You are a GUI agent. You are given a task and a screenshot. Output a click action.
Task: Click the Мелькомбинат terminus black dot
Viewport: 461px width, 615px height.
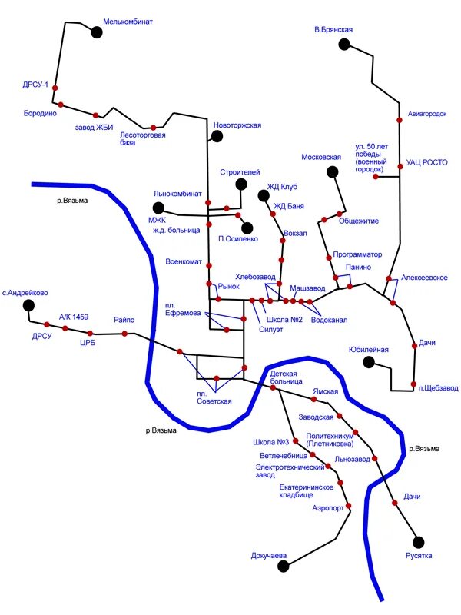(x=97, y=32)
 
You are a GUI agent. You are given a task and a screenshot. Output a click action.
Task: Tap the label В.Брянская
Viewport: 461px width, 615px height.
(x=333, y=29)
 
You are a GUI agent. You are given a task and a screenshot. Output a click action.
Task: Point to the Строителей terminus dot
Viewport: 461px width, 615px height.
(x=241, y=184)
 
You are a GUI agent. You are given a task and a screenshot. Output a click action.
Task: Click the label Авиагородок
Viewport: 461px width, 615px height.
(x=427, y=114)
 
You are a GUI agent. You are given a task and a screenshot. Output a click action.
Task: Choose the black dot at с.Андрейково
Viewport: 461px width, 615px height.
(x=28, y=305)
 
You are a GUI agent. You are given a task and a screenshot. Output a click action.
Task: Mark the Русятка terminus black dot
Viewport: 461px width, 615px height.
(x=419, y=542)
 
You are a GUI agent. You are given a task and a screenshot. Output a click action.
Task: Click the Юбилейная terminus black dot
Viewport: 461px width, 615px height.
(x=369, y=361)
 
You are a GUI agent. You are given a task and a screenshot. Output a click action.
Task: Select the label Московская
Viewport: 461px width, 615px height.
(x=321, y=157)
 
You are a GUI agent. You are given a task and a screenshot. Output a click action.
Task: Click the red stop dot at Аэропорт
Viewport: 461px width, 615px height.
(x=349, y=506)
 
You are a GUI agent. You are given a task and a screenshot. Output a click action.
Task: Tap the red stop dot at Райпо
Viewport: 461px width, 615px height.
(x=124, y=333)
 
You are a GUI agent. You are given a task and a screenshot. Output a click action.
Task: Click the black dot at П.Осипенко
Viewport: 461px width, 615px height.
(x=247, y=227)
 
